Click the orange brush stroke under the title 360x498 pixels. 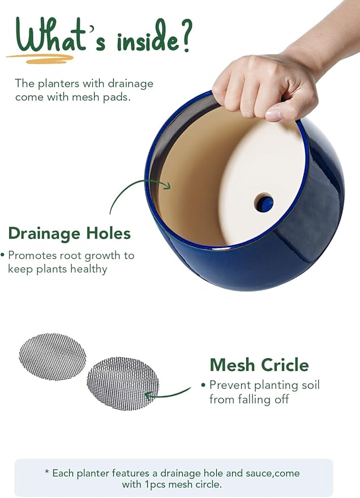(40, 57)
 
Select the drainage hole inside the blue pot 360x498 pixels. (264, 202)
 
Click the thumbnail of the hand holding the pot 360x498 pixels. (266, 85)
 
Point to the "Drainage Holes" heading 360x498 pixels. (70, 233)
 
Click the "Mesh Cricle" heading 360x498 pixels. (259, 364)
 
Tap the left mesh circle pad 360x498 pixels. (53, 356)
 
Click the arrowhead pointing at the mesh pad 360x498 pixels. (149, 395)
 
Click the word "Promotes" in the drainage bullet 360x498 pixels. (32, 255)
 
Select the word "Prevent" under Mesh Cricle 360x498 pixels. (229, 385)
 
